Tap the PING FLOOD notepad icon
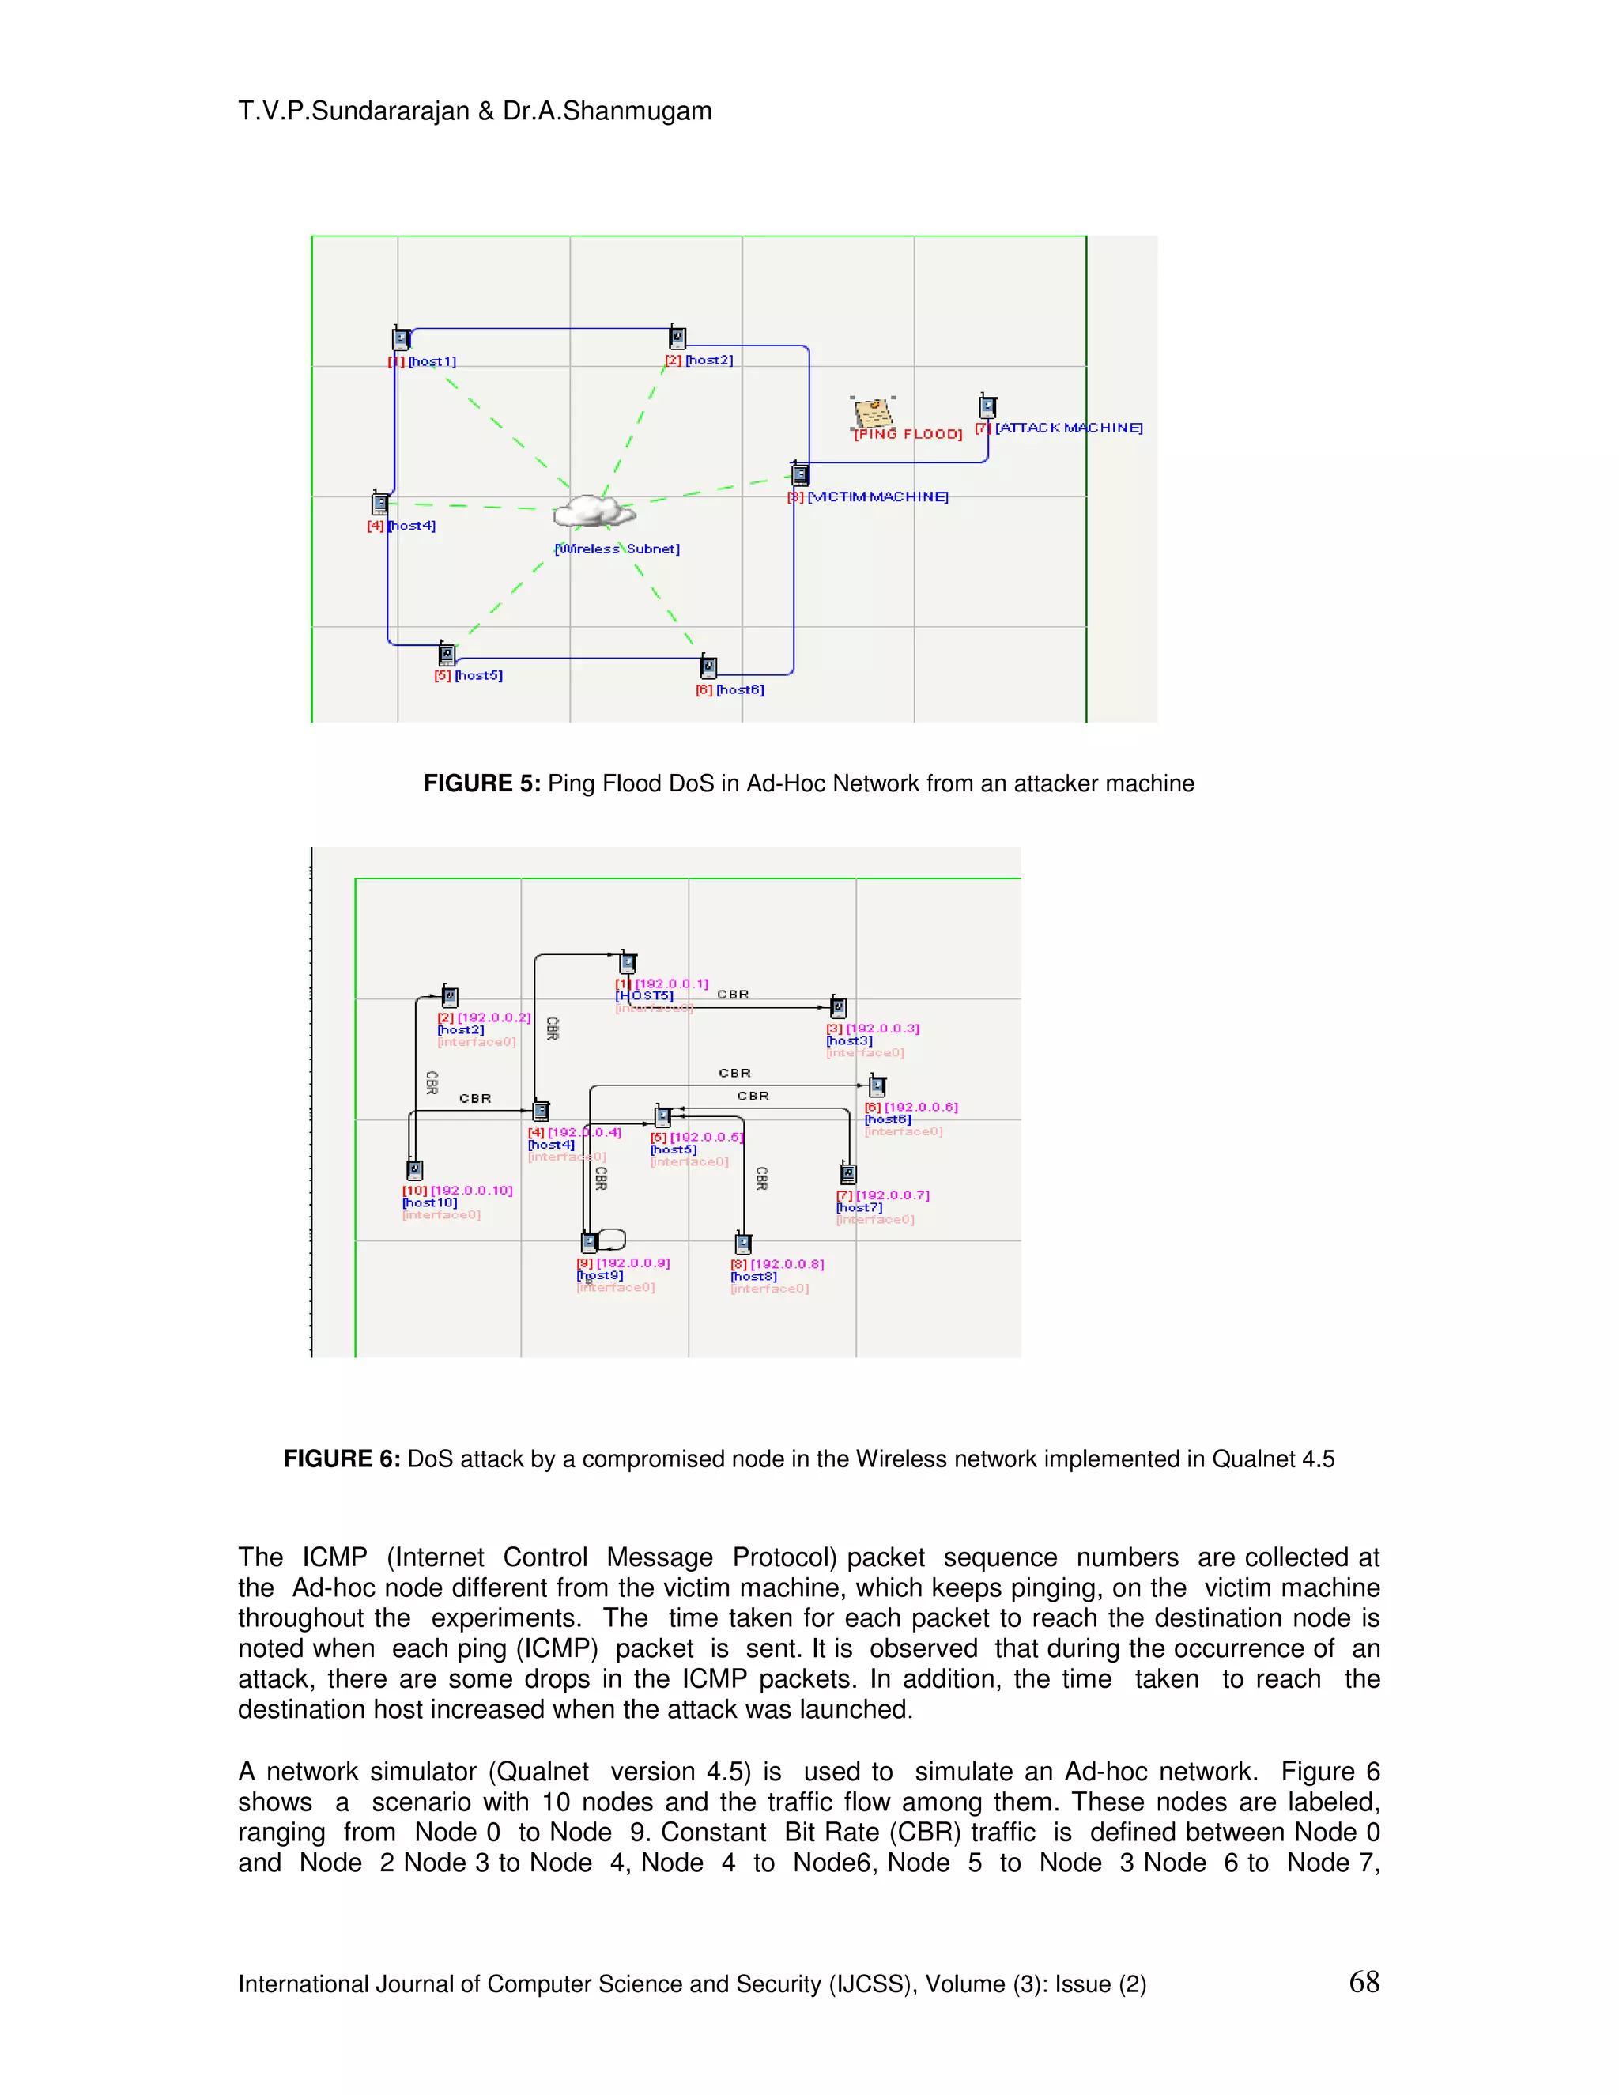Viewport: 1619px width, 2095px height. coord(873,413)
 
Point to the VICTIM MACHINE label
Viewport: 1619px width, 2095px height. coord(877,497)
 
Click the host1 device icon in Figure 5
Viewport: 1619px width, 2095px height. coord(401,338)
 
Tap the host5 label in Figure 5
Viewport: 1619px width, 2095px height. coord(477,675)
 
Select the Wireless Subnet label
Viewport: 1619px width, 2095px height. coord(617,549)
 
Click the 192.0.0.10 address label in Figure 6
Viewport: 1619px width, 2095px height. coord(471,1191)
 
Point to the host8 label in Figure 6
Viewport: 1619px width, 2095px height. coord(754,1277)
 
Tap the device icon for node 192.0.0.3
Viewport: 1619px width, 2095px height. coord(838,1007)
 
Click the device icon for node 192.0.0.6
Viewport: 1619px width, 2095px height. coord(877,1086)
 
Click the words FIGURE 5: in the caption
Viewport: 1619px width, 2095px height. coord(481,783)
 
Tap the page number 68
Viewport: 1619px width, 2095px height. coord(1363,1983)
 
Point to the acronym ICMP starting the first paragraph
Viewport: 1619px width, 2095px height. coord(334,1557)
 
